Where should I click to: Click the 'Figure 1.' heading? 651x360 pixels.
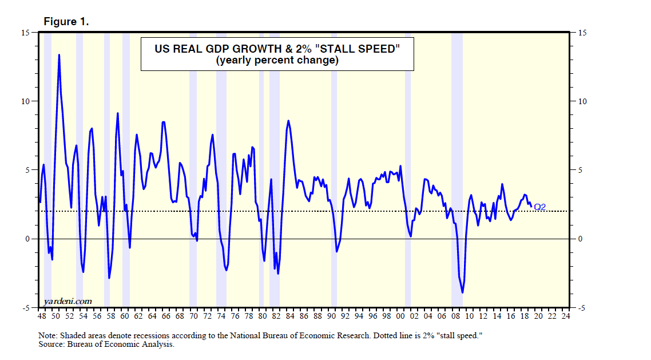tap(66, 22)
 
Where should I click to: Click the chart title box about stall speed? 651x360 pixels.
tap(277, 54)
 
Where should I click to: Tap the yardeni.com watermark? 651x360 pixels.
tap(68, 301)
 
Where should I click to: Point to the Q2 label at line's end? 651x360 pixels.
tap(540, 207)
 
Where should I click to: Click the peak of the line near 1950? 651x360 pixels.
tap(59, 56)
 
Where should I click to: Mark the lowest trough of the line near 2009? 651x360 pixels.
tap(462, 292)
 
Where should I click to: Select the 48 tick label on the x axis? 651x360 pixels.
tap(42, 316)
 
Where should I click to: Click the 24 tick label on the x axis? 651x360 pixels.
tap(565, 316)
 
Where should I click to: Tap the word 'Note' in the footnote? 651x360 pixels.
tap(49, 335)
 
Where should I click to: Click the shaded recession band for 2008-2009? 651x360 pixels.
tap(457, 172)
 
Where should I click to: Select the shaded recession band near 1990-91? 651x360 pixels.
tap(334, 172)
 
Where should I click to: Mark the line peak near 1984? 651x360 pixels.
tap(288, 121)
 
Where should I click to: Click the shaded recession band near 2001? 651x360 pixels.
tap(408, 172)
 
